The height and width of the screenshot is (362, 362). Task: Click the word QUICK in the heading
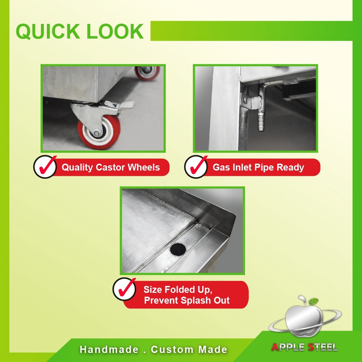point(48,31)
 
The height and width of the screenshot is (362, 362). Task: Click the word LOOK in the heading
point(115,31)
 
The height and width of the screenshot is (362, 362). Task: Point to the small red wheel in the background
point(147,73)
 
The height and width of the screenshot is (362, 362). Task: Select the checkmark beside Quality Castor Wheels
point(46,166)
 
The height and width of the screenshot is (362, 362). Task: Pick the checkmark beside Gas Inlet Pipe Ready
point(198,166)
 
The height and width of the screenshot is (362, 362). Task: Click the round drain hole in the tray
point(178,249)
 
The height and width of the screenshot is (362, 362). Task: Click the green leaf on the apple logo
point(313,301)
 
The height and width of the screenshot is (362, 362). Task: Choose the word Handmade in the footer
point(109,350)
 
